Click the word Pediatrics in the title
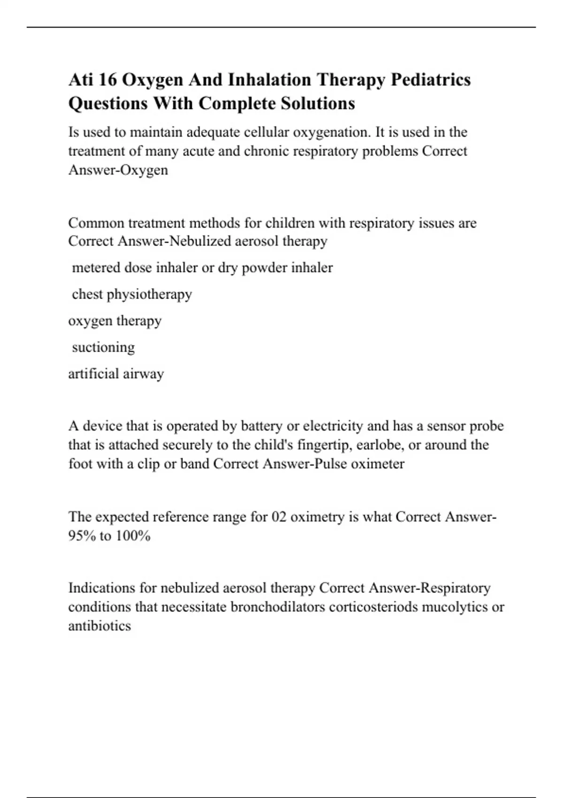[431, 80]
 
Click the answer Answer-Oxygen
[118, 170]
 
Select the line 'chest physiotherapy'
[132, 294]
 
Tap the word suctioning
[103, 347]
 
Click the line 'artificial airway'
[116, 374]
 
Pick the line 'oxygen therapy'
[115, 321]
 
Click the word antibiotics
[99, 626]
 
